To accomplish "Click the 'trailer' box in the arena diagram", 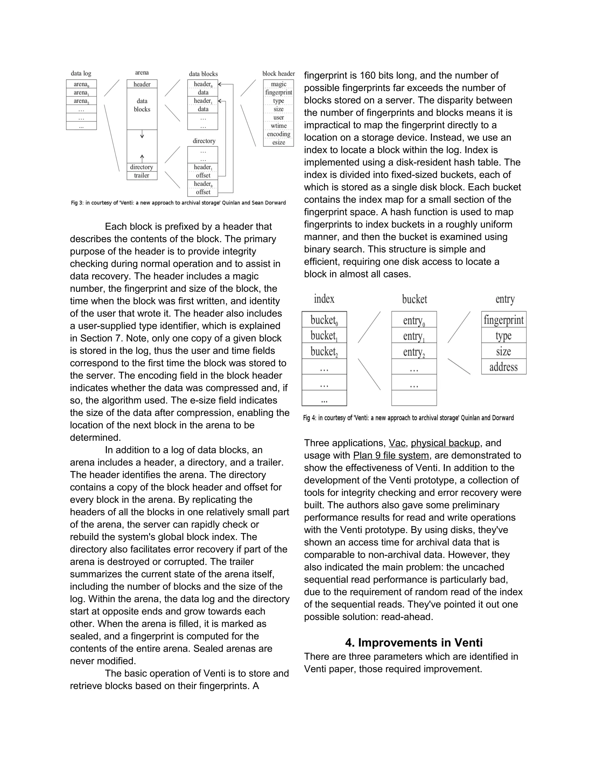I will [x=142, y=175].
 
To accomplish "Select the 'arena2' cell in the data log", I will [x=81, y=101].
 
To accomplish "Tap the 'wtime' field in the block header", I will [x=278, y=125].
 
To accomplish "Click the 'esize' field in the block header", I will [x=278, y=142].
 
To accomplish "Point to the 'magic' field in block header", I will [x=278, y=84].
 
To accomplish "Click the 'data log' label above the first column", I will [x=81, y=74].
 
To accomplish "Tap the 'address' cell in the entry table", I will [x=503, y=367].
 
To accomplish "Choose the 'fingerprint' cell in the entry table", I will [x=503, y=320].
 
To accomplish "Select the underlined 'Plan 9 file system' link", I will [x=391, y=455].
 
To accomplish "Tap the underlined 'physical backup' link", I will [x=445, y=443].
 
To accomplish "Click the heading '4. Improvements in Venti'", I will [x=414, y=643].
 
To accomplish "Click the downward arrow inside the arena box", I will [x=142, y=134].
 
